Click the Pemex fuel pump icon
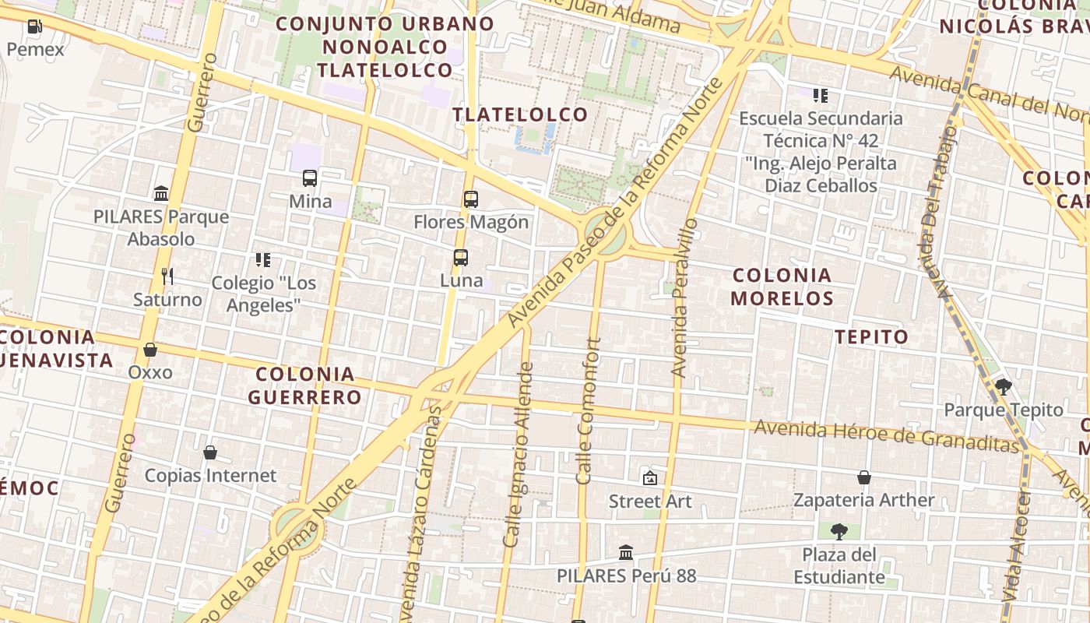click(x=34, y=26)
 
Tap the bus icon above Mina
click(x=310, y=178)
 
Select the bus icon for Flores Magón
click(x=471, y=199)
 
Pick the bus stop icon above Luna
click(x=461, y=258)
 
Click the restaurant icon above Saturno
click(x=167, y=276)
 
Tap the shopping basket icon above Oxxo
click(x=150, y=350)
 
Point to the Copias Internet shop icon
click(x=209, y=452)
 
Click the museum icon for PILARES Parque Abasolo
click(x=161, y=193)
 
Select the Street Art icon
click(x=649, y=478)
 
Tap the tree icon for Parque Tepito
click(x=1004, y=386)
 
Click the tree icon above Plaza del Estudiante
click(x=839, y=532)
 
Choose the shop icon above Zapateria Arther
click(x=864, y=477)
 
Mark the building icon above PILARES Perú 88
click(x=626, y=553)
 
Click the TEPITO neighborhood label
click(x=872, y=336)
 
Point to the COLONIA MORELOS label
click(x=782, y=286)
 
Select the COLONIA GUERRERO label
click(x=305, y=385)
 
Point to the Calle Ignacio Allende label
click(x=520, y=453)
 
